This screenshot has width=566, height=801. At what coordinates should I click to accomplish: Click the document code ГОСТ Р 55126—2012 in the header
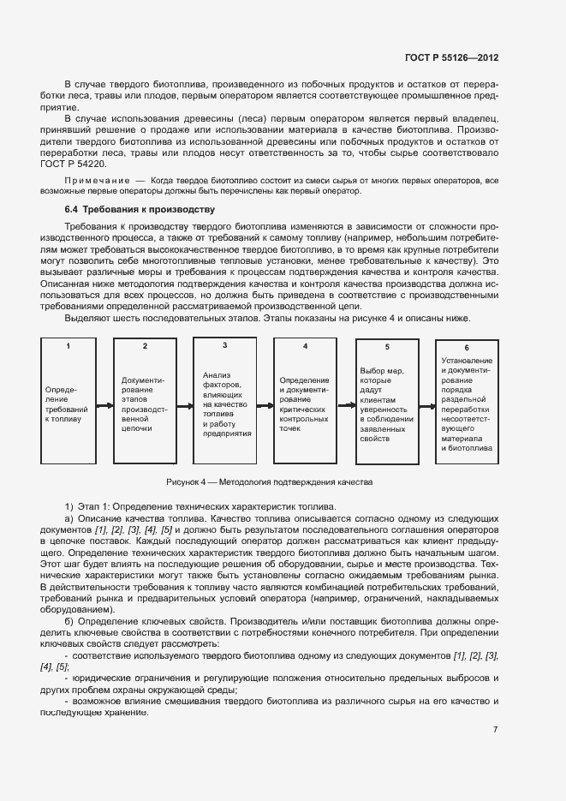(451, 57)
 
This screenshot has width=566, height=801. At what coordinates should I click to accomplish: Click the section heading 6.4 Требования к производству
(139, 209)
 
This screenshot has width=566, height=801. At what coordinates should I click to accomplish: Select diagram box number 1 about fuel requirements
(68, 402)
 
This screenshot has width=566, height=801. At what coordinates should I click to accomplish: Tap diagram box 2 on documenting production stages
(144, 402)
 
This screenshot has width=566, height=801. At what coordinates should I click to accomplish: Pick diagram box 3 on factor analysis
(224, 401)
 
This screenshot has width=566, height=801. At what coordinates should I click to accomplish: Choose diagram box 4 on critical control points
(305, 402)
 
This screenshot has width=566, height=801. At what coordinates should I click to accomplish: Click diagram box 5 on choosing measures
(386, 402)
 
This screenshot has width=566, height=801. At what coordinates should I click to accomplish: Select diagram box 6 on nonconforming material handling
(467, 402)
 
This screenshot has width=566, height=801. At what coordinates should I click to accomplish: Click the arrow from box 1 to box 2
(105, 406)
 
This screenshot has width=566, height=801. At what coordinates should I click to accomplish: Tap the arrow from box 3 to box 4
(265, 406)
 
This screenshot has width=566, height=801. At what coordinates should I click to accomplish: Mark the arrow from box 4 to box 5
(345, 406)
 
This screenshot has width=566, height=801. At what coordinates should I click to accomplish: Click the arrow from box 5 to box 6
(426, 406)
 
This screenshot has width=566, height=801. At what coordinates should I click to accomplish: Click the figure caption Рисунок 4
(270, 482)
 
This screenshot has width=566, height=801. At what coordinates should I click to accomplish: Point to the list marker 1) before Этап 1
(70, 507)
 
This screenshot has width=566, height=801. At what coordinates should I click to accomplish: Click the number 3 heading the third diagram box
(224, 345)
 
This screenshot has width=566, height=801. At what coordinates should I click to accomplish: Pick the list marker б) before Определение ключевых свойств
(70, 619)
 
